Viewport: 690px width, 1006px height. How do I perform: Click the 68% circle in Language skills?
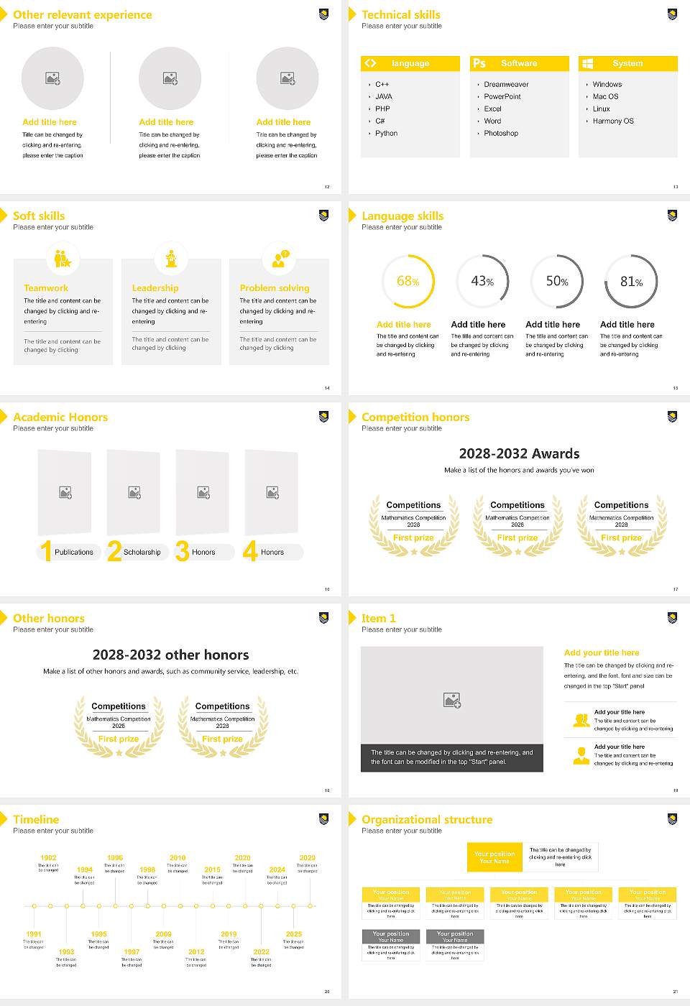coord(408,281)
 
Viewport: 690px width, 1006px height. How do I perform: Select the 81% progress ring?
coord(630,281)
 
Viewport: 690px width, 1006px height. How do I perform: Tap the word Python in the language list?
coord(386,133)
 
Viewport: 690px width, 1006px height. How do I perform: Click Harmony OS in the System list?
coord(613,121)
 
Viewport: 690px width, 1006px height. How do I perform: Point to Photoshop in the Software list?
coord(500,133)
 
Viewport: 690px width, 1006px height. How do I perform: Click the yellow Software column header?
coord(519,63)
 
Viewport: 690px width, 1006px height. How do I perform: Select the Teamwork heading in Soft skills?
coord(46,287)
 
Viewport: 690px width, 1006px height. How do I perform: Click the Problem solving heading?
coord(275,287)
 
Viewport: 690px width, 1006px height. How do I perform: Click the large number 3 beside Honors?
coord(182,551)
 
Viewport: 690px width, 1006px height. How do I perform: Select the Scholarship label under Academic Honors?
coord(142,552)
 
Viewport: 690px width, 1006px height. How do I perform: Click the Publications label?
coord(74,552)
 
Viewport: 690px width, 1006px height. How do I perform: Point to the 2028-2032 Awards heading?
coord(519,453)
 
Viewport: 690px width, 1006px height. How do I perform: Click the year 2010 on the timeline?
coord(178,857)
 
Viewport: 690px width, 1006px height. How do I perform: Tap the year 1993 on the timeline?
coord(66,951)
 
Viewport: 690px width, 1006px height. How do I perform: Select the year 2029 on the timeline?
coord(307,857)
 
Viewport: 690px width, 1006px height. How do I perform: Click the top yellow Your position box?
coord(494,857)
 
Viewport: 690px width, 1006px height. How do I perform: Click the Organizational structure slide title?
coord(427,819)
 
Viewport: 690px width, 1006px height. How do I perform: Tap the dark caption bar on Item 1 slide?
coord(451,757)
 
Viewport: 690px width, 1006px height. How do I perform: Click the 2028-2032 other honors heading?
coord(170,655)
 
